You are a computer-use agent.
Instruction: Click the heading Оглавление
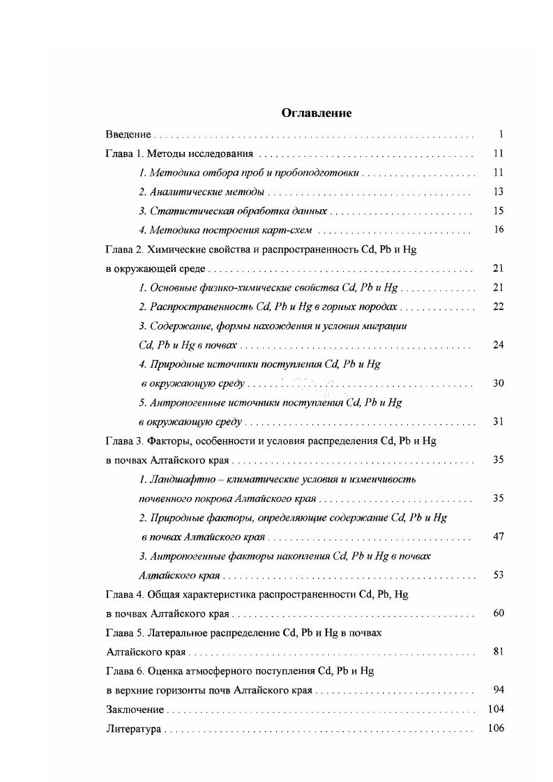pyautogui.click(x=316, y=113)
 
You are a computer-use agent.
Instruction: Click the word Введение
pyautogui.click(x=128, y=135)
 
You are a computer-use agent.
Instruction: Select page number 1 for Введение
pyautogui.click(x=501, y=135)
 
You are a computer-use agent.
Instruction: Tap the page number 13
pyautogui.click(x=498, y=192)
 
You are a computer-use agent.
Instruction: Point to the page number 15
pyautogui.click(x=498, y=210)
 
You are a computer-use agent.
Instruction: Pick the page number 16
pyautogui.click(x=498, y=230)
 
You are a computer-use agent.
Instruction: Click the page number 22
pyautogui.click(x=498, y=307)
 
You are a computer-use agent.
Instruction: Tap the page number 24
pyautogui.click(x=498, y=345)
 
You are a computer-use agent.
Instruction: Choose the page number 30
pyautogui.click(x=498, y=383)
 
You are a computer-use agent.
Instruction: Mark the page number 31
pyautogui.click(x=498, y=422)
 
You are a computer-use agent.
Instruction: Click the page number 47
pyautogui.click(x=498, y=537)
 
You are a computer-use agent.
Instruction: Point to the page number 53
pyautogui.click(x=498, y=576)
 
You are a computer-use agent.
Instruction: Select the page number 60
pyautogui.click(x=498, y=614)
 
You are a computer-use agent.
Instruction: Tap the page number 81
pyautogui.click(x=498, y=652)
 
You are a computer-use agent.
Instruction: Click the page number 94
pyautogui.click(x=498, y=691)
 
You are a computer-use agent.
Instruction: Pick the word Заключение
pyautogui.click(x=135, y=710)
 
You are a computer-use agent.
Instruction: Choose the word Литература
pyautogui.click(x=134, y=730)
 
